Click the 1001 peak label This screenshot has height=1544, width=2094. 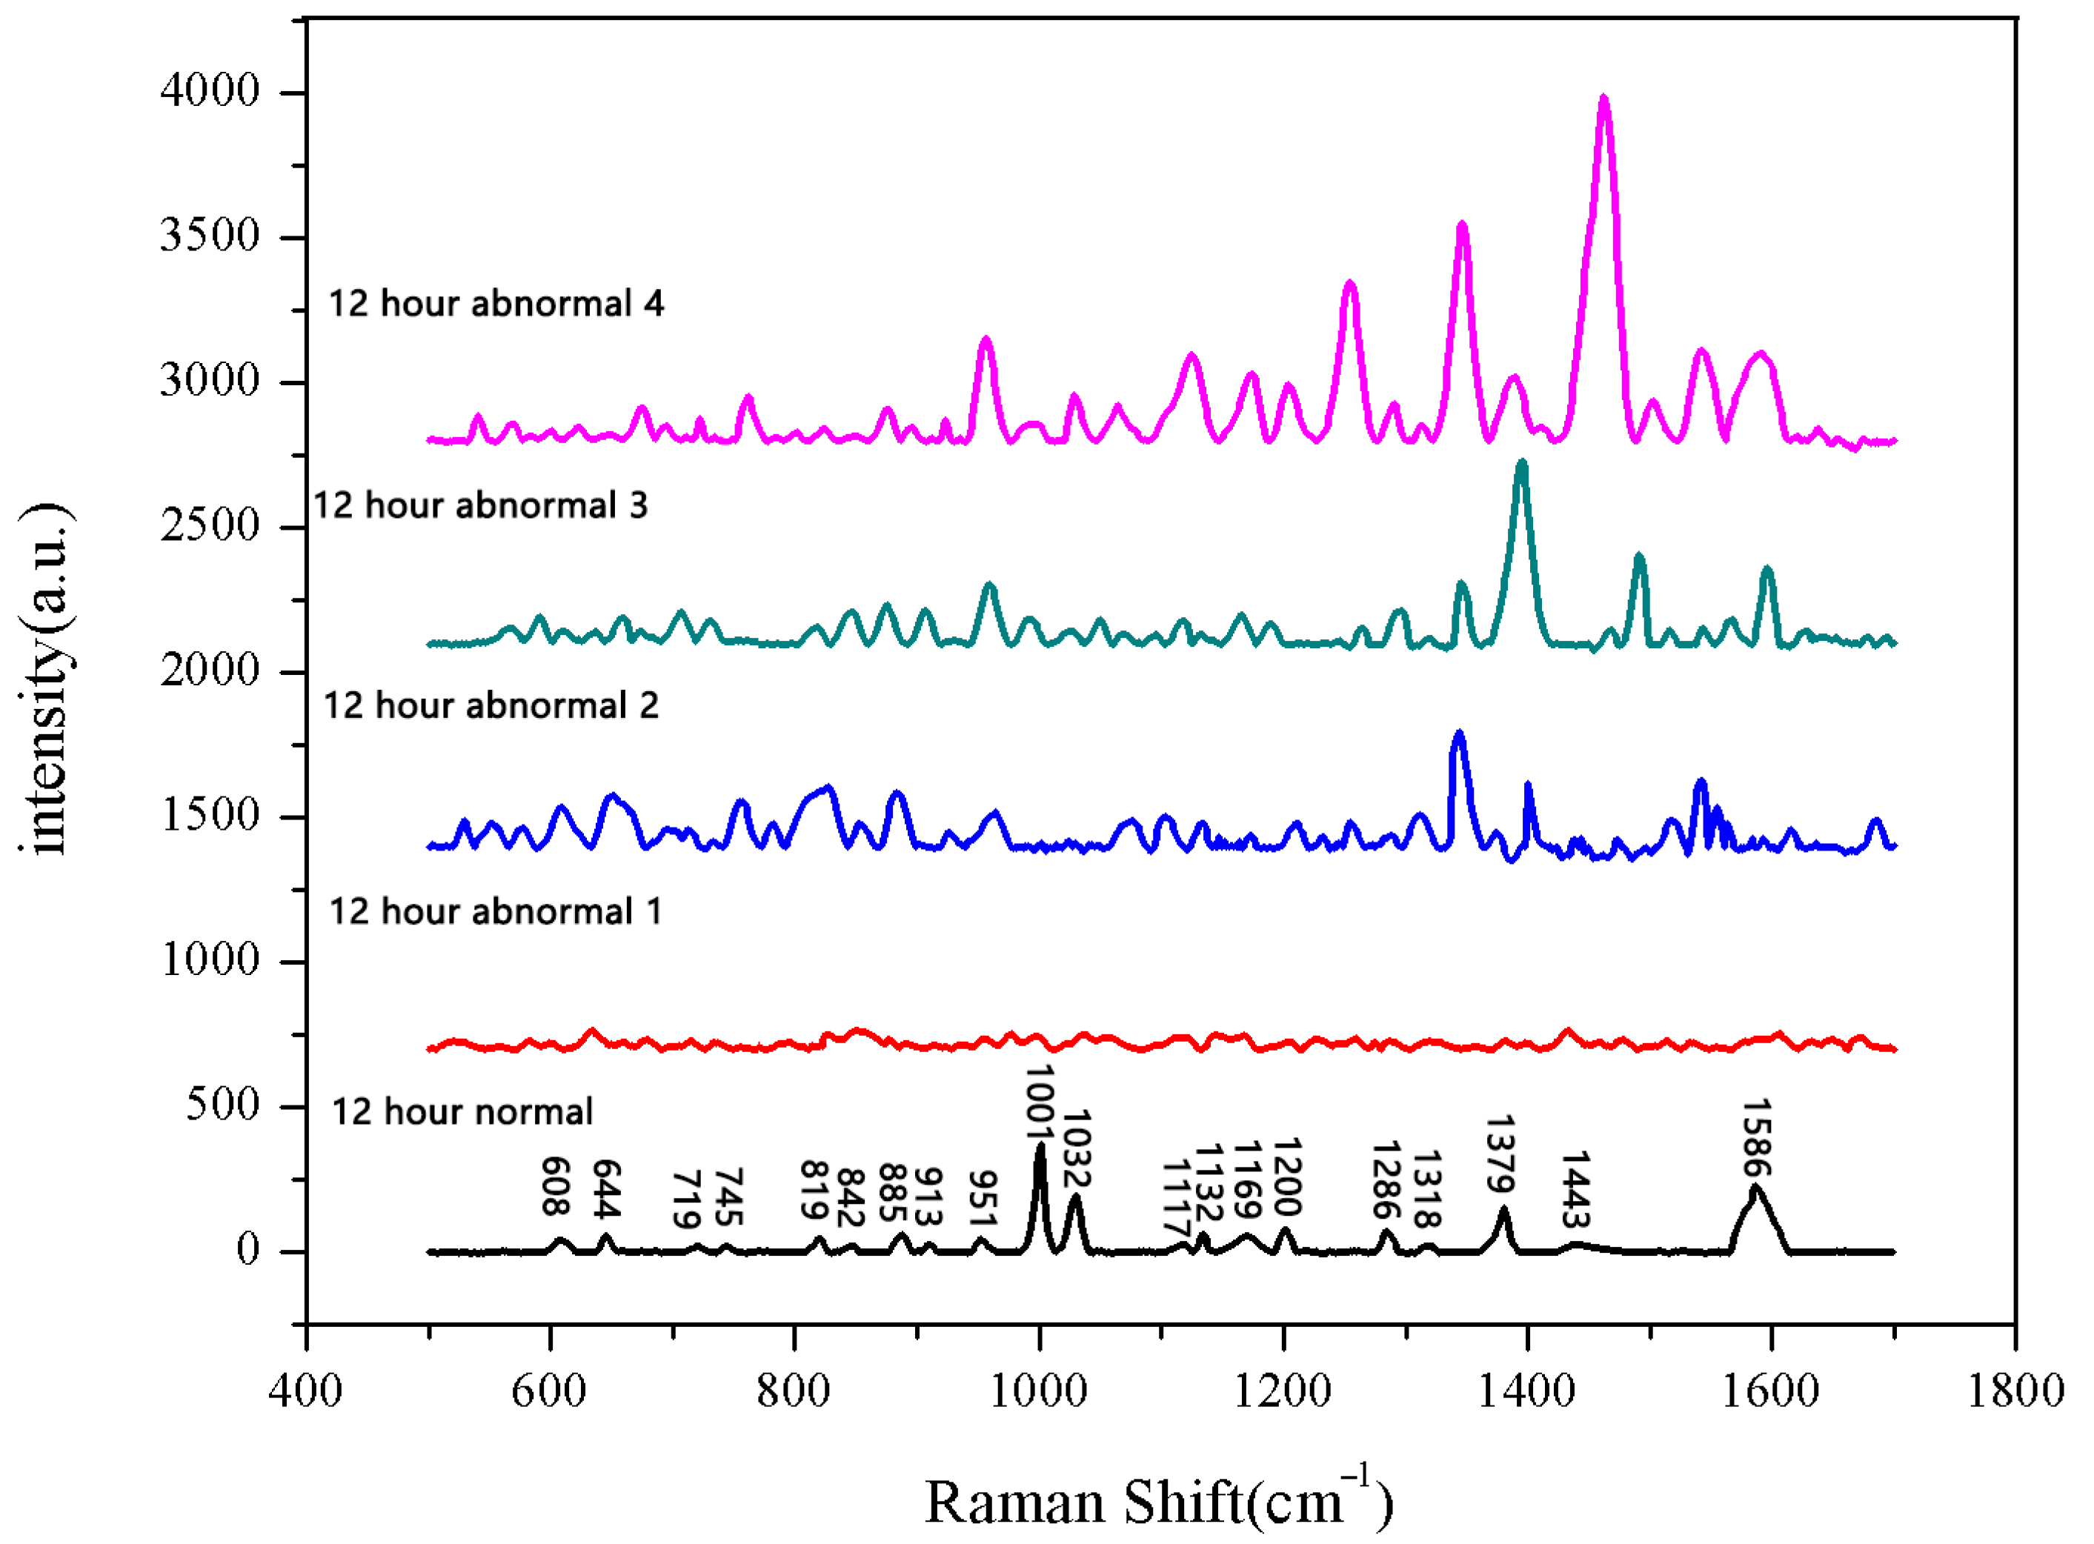1040,1103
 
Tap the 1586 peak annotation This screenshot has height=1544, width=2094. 1757,1137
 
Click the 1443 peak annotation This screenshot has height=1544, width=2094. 1576,1189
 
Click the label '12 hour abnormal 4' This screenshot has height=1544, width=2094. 496,304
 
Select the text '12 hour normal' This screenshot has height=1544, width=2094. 462,1112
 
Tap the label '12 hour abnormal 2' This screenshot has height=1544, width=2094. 491,705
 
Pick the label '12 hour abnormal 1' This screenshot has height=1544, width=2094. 496,911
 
